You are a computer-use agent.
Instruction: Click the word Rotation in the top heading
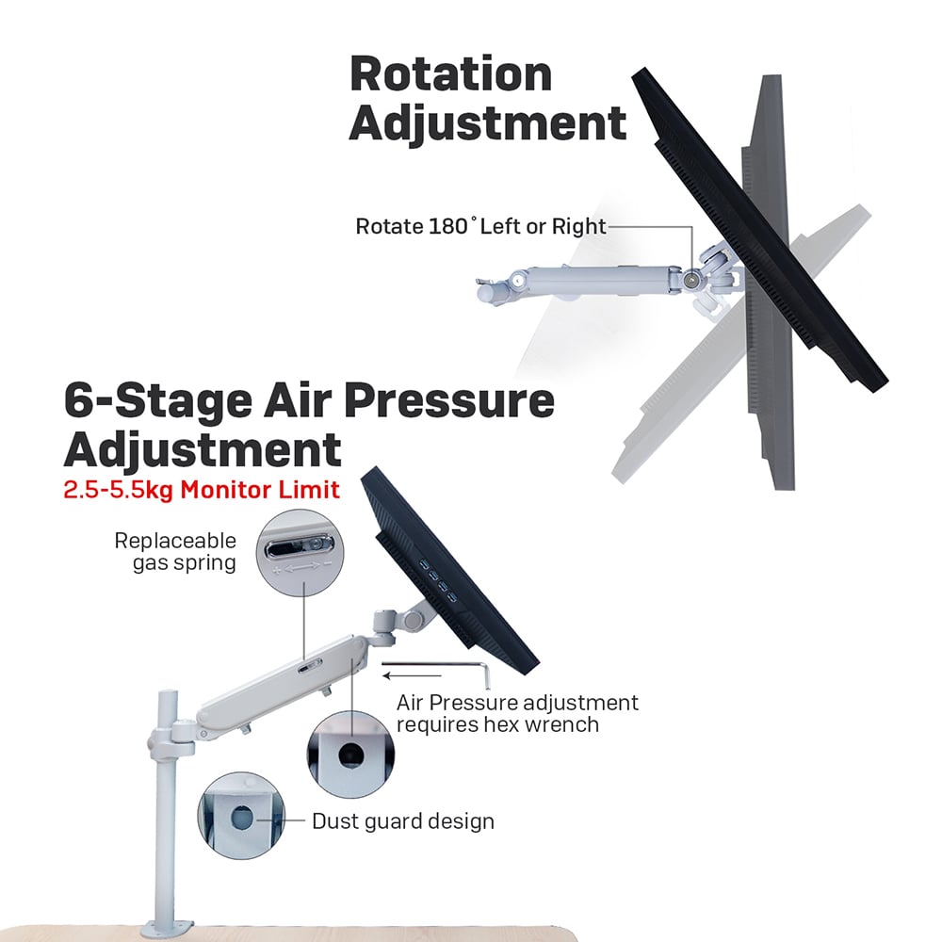[450, 73]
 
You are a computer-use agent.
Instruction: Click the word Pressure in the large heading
[448, 401]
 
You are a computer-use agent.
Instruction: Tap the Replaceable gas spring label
[174, 552]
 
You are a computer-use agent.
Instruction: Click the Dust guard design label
[402, 820]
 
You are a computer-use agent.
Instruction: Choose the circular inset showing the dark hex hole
[349, 753]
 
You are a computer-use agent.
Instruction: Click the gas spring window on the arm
[308, 668]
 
